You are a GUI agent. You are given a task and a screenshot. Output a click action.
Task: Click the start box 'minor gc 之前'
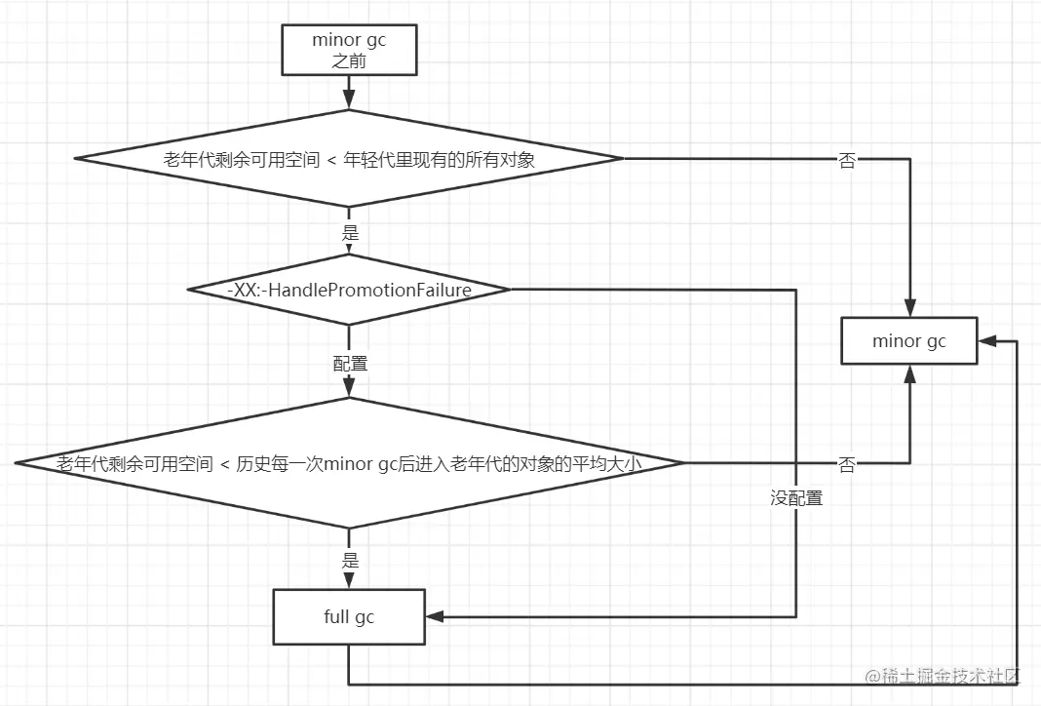(348, 50)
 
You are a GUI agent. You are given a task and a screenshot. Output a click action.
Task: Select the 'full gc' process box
(348, 616)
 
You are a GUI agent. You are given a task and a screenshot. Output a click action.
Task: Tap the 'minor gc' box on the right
(908, 341)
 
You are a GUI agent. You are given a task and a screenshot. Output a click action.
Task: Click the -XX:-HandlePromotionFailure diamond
(349, 290)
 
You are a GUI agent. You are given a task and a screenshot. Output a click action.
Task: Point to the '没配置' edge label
(796, 498)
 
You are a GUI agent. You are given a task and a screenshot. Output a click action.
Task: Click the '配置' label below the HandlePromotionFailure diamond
(350, 364)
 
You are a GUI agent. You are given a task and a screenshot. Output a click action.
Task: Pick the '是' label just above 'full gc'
(350, 561)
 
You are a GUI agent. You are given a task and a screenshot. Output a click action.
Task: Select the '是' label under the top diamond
(350, 233)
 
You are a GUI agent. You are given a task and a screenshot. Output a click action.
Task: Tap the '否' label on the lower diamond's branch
(847, 465)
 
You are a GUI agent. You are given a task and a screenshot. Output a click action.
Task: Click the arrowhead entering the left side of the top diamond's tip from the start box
(348, 100)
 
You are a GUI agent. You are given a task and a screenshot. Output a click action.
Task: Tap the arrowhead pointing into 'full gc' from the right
(434, 616)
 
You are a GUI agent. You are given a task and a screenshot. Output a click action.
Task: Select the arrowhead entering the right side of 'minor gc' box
(985, 341)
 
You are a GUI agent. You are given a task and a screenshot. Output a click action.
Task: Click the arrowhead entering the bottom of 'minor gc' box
(908, 373)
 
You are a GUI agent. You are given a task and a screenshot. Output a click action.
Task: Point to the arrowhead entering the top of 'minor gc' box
(908, 308)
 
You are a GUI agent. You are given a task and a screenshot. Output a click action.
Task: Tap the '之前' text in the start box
(348, 59)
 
